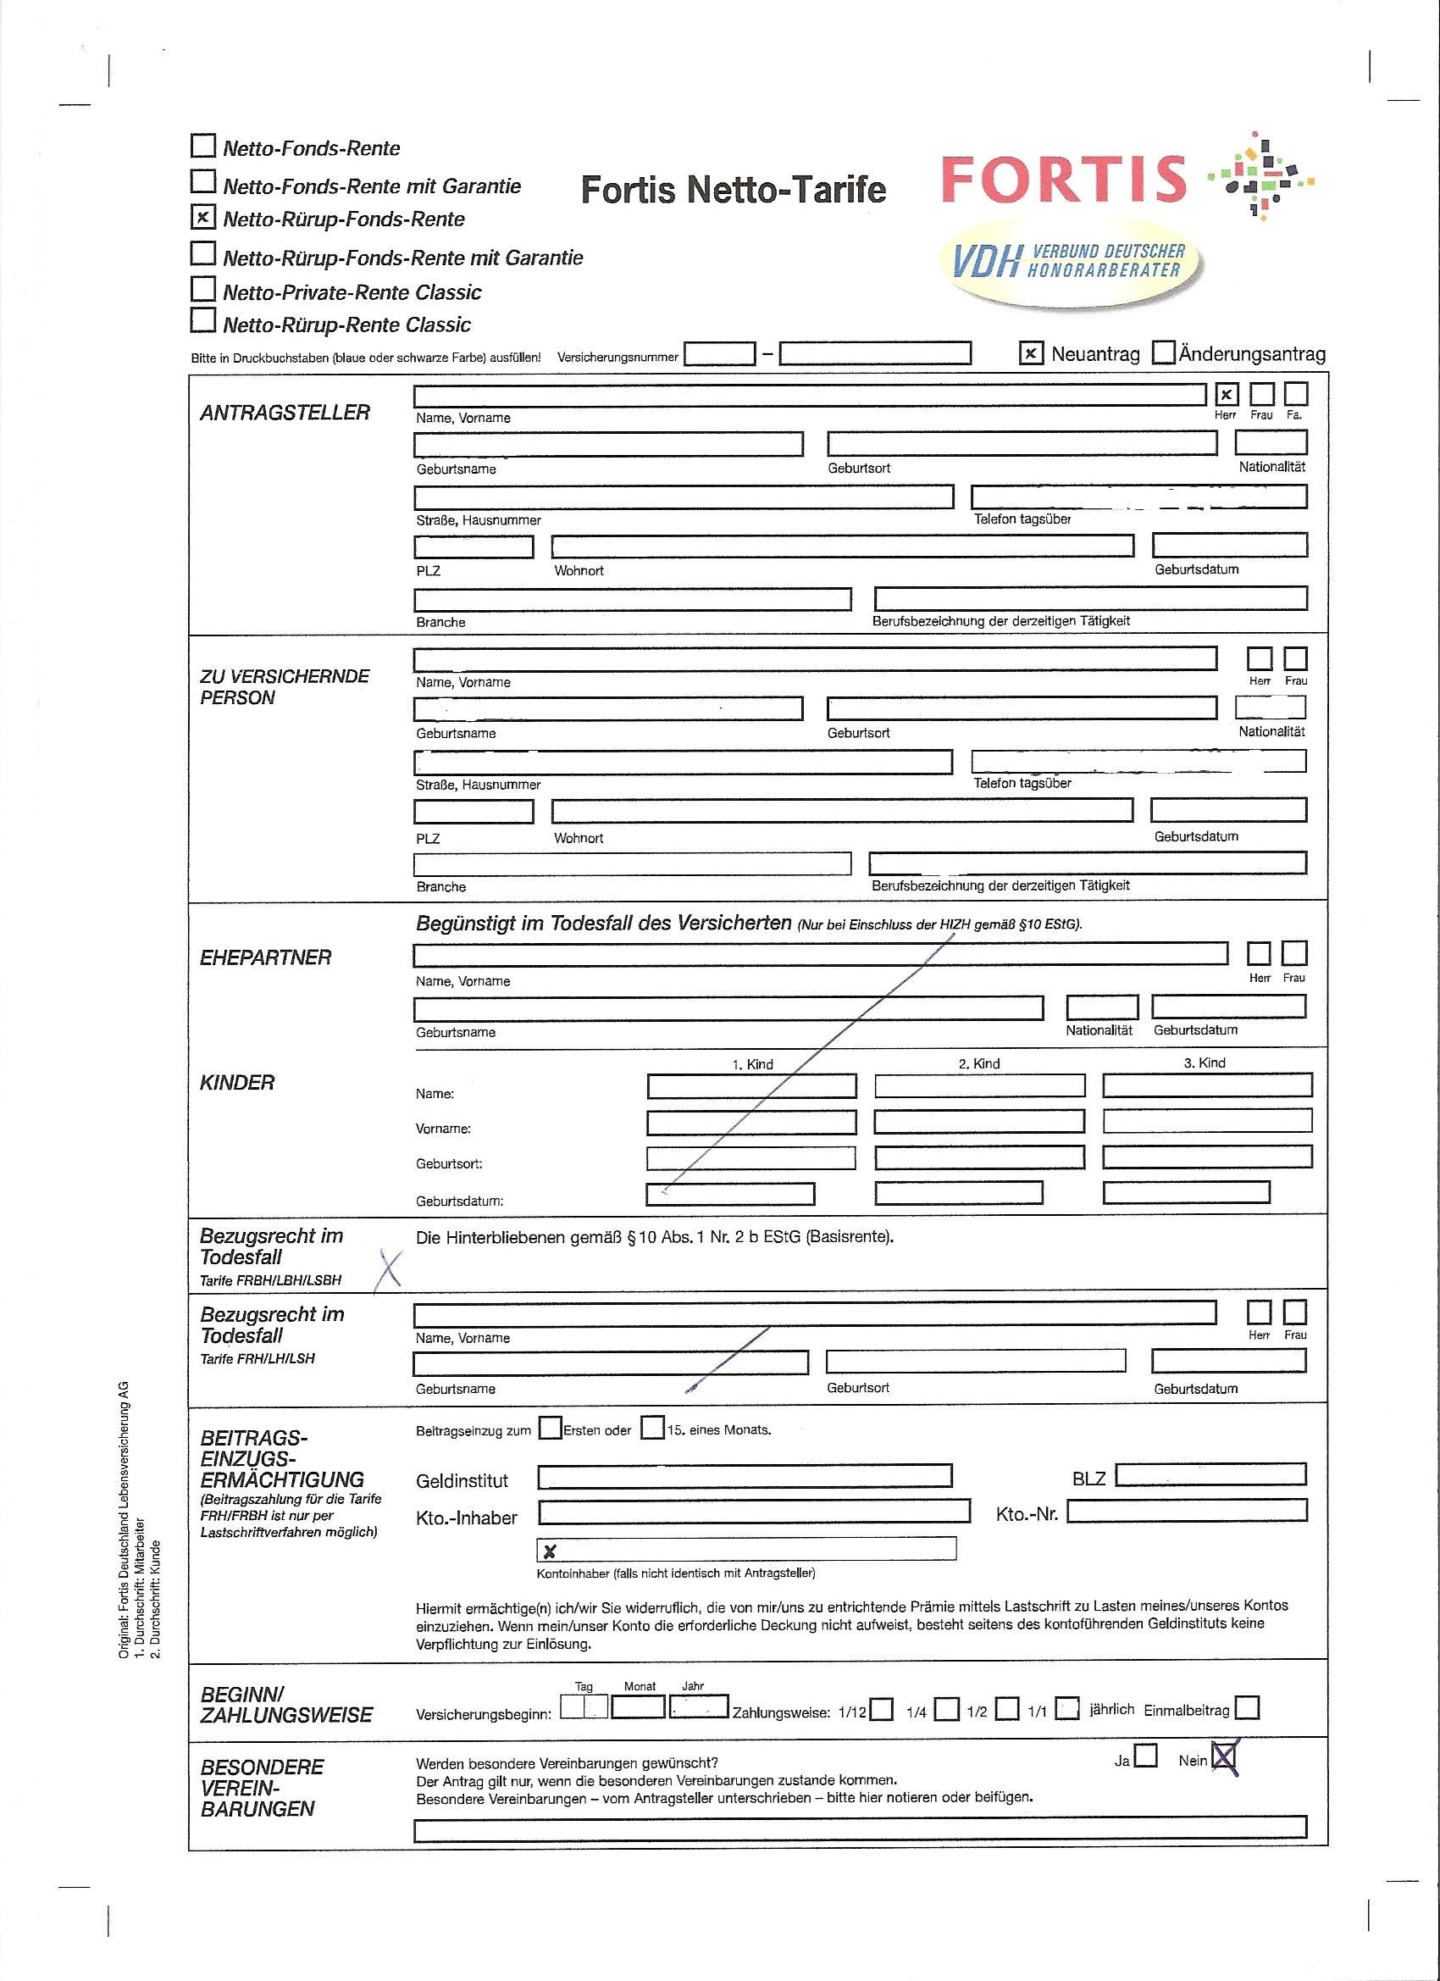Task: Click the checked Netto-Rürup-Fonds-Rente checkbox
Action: tap(202, 217)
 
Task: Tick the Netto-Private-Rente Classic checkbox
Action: tap(202, 288)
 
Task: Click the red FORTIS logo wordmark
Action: tap(1065, 177)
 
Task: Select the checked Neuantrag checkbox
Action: tap(1032, 352)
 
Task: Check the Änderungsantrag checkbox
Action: tap(1163, 352)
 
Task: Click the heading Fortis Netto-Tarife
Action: tap(733, 190)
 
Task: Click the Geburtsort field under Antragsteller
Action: tap(1022, 444)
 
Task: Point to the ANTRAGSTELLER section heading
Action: tap(285, 413)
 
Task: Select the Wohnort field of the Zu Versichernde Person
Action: tap(842, 811)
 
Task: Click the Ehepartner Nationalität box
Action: tap(1102, 1007)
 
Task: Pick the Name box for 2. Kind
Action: tap(979, 1085)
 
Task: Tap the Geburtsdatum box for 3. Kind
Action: tap(1186, 1192)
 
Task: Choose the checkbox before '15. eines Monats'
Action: tap(652, 1428)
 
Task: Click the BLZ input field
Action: tap(1210, 1474)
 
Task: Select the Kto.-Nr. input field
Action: tap(1187, 1510)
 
